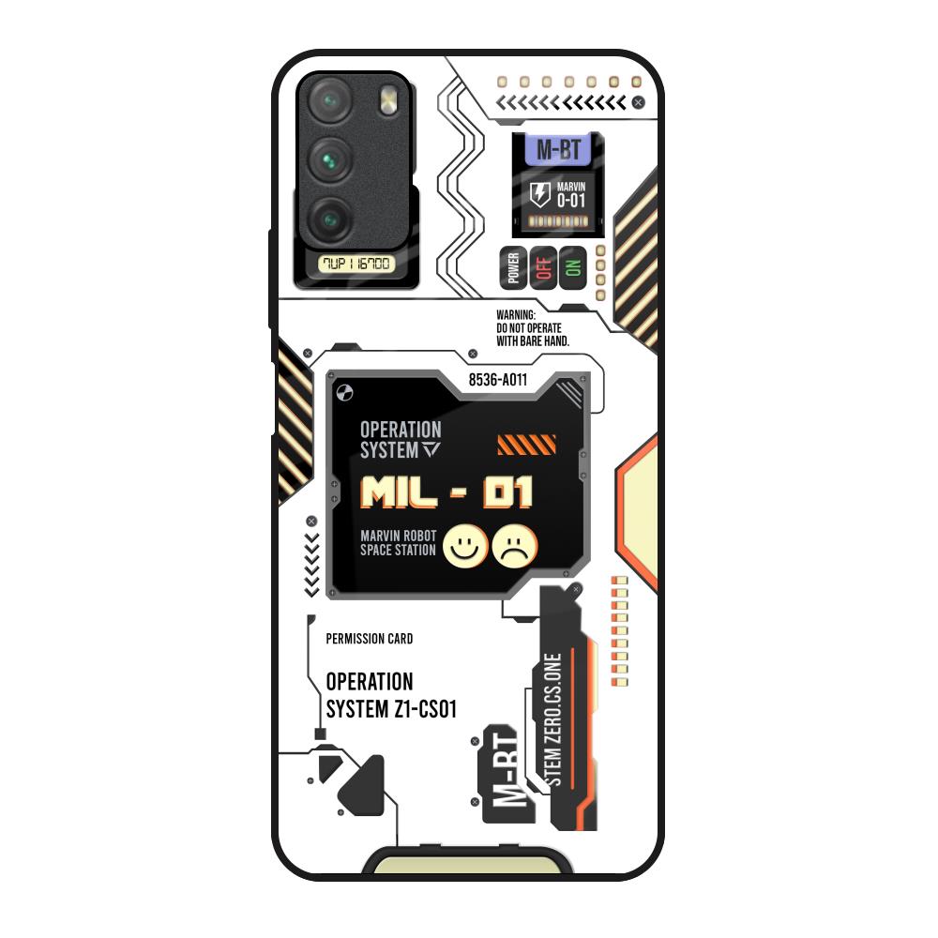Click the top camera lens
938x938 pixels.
click(331, 101)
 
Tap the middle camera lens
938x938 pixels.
click(331, 160)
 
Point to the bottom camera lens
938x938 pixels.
click(331, 219)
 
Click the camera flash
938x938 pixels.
click(386, 100)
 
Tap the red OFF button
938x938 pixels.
click(542, 268)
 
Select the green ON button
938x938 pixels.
click(572, 268)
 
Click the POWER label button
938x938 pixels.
click(513, 268)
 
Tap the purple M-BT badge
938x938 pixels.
click(557, 150)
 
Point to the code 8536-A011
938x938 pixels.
click(497, 380)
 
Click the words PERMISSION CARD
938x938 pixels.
click(370, 639)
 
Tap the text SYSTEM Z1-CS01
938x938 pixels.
click(391, 709)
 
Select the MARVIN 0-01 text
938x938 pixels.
click(571, 195)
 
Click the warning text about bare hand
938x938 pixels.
click(532, 329)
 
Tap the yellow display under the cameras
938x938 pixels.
click(356, 264)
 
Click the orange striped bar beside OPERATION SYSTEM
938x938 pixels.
click(526, 445)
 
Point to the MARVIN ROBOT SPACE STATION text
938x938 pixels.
click(398, 543)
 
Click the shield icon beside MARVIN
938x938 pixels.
click(540, 195)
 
